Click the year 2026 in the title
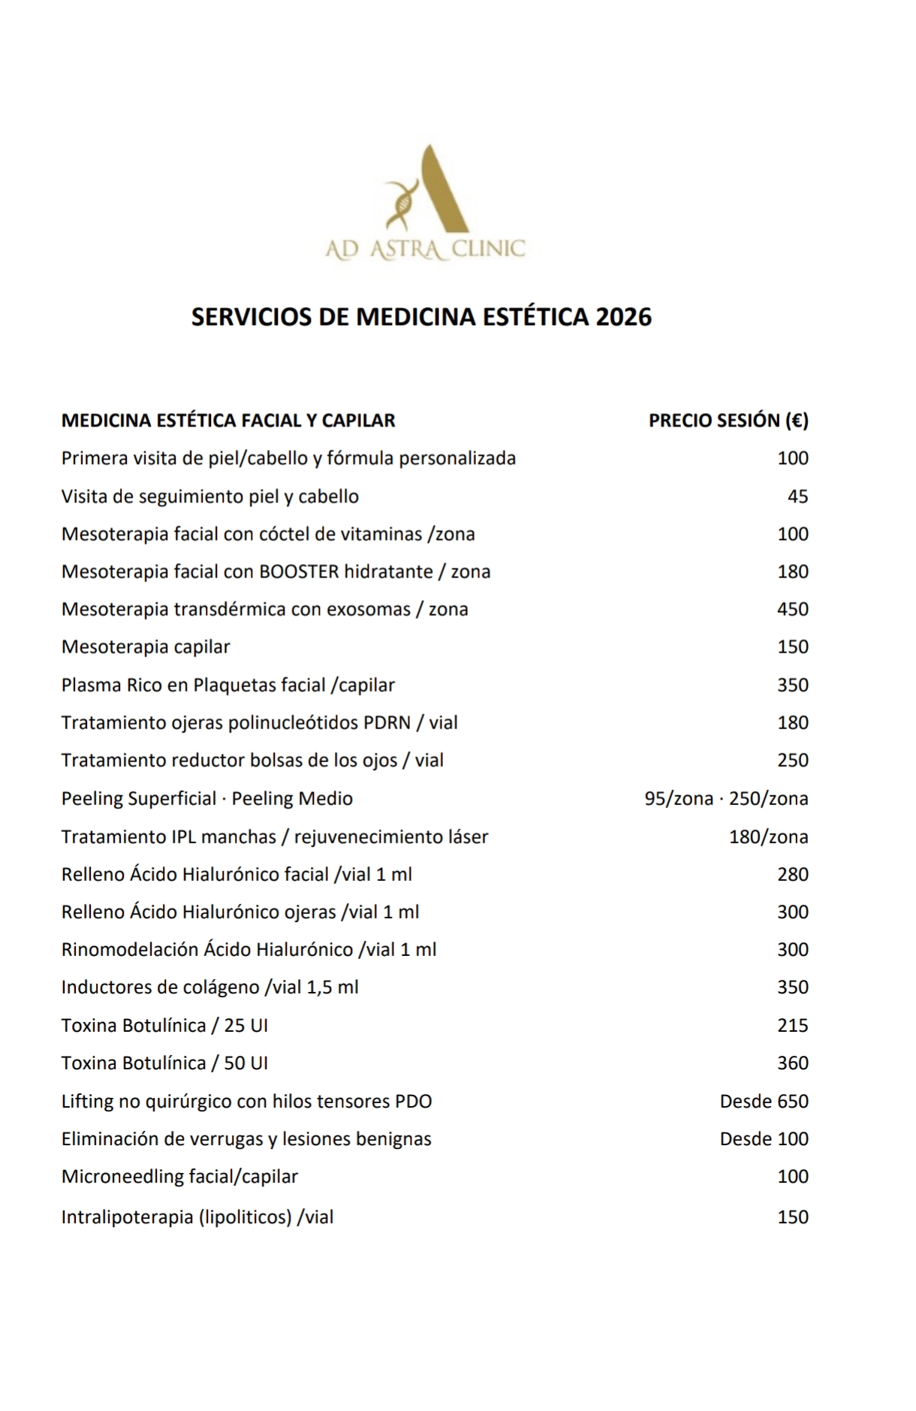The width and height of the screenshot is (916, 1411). point(623,317)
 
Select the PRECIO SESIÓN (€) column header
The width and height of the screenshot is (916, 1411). point(728,421)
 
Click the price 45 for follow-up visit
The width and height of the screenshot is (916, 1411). point(797,496)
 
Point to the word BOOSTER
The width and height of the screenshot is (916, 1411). point(298,571)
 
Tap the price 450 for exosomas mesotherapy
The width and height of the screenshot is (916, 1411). point(792,609)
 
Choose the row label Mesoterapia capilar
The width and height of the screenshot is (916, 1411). point(146,647)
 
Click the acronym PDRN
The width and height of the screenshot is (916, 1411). point(387,722)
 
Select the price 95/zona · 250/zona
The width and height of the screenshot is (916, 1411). point(726,798)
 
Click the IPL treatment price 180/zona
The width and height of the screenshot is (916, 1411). point(768,837)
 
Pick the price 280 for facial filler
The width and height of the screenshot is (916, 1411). point(792,874)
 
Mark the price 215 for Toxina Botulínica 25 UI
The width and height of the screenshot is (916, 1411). point(792,1025)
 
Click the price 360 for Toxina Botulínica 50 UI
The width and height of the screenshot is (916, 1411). point(792,1063)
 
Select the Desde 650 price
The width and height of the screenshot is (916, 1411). point(764,1101)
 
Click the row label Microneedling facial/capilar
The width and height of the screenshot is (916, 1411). point(179,1176)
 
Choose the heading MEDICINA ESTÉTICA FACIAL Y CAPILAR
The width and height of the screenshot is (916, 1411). point(228,421)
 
